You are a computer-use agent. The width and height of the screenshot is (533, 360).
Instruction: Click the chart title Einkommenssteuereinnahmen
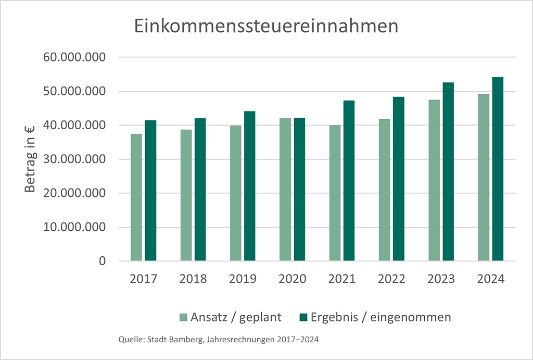(x=266, y=27)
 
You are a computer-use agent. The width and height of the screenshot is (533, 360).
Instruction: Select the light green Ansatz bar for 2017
(x=136, y=197)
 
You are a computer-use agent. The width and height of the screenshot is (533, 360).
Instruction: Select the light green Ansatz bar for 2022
(x=384, y=190)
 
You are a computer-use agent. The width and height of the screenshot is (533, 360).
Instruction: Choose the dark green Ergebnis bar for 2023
(x=448, y=172)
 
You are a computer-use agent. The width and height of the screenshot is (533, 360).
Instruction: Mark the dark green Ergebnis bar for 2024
(x=498, y=169)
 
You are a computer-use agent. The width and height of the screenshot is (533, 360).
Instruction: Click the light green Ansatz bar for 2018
(x=186, y=195)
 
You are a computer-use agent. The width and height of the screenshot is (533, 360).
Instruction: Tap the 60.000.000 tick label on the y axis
(x=75, y=57)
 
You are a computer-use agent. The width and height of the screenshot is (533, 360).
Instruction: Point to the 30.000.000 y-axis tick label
(x=75, y=159)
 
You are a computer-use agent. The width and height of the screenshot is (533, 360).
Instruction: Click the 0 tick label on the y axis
(x=102, y=261)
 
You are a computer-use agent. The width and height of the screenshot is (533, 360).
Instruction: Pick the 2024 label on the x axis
(x=491, y=279)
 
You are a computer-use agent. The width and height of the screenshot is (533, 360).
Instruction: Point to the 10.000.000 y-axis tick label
(x=75, y=227)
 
